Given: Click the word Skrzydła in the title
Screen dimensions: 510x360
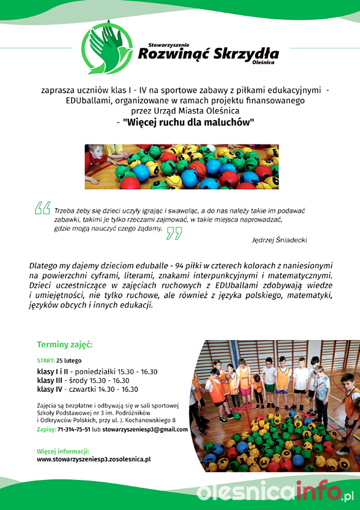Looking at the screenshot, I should (246, 54).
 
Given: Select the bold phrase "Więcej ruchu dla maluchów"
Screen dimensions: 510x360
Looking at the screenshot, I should (189, 122).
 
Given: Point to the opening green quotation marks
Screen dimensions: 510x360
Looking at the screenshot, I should (42, 208).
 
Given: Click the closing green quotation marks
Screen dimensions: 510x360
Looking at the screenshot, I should (173, 233).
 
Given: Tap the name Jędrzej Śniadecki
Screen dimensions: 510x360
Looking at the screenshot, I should (280, 239).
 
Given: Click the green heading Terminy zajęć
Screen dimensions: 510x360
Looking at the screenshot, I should (65, 345).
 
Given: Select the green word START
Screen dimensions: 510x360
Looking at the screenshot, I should (45, 361).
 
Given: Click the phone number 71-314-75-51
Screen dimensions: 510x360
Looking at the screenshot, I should (74, 430).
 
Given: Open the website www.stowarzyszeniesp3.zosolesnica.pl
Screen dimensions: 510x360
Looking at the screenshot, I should (94, 459).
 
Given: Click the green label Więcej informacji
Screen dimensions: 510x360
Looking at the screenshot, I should (62, 451).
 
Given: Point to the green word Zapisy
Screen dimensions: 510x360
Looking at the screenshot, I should (46, 430).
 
